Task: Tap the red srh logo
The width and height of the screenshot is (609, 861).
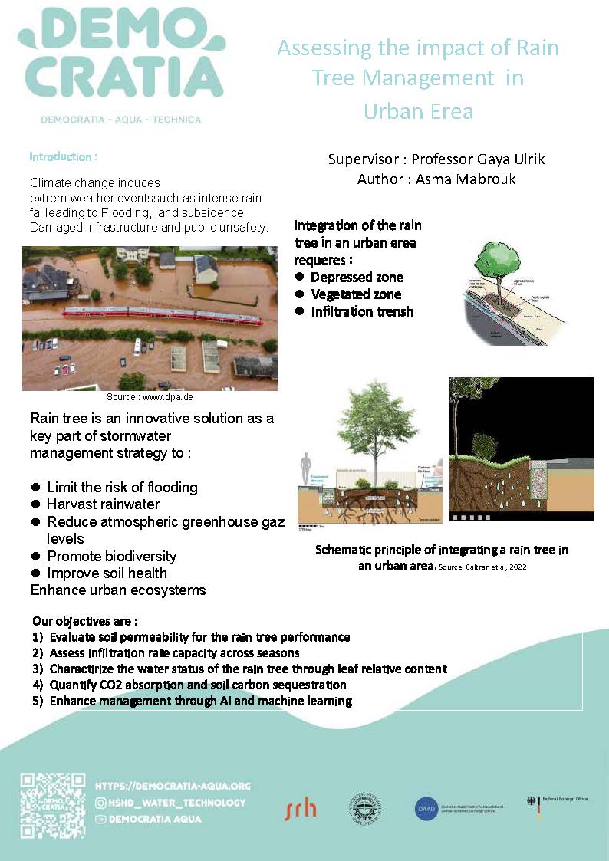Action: click(x=300, y=807)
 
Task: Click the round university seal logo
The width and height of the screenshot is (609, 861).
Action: click(x=366, y=807)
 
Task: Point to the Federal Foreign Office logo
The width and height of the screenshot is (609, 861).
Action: click(x=557, y=801)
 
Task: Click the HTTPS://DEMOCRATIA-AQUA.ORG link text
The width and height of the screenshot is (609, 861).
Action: click(x=173, y=787)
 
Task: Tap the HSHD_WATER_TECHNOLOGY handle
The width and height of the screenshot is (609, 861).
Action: click(x=170, y=803)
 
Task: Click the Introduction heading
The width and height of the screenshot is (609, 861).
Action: click(x=63, y=157)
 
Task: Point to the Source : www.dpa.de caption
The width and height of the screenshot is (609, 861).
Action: click(x=150, y=398)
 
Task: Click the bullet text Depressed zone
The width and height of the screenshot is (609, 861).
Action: click(x=357, y=277)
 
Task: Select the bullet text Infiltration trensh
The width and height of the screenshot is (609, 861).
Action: click(x=362, y=311)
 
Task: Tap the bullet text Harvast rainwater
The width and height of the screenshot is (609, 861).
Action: click(x=103, y=504)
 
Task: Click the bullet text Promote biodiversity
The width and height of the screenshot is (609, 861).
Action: click(x=111, y=556)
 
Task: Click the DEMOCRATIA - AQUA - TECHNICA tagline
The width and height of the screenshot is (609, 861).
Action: click(x=120, y=120)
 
